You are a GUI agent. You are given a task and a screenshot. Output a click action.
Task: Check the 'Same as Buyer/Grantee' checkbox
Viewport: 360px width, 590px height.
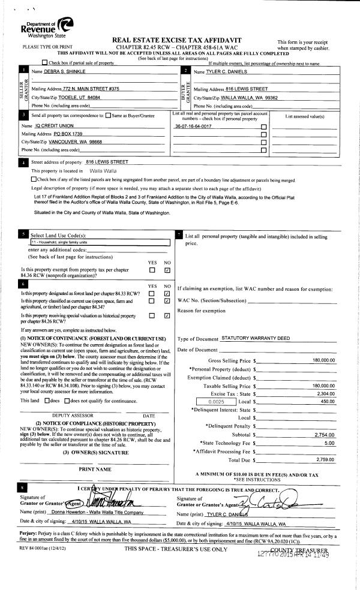(x=108, y=115)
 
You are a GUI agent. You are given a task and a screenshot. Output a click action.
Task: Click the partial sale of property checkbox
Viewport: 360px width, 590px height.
(x=45, y=62)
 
